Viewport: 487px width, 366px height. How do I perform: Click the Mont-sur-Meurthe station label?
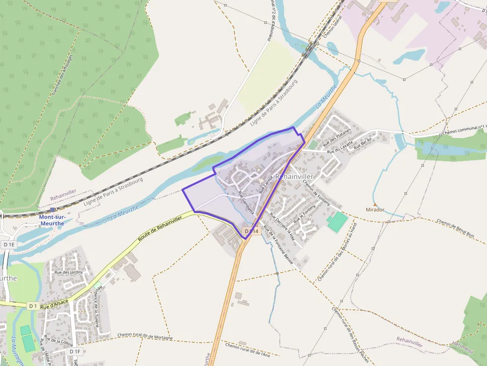point(52,220)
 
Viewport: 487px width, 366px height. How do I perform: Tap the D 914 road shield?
point(251,231)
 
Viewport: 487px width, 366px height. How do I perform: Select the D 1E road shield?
point(9,244)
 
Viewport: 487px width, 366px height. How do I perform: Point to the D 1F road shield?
point(75,352)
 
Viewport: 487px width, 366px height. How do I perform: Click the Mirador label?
point(375,210)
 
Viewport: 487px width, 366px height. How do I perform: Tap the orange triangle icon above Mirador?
point(375,204)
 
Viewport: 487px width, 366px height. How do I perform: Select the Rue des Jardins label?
point(69,272)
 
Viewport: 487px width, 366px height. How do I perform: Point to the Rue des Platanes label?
point(336,138)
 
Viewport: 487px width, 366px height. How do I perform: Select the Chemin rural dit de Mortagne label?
point(145,336)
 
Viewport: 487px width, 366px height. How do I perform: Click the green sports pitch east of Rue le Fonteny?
point(337,221)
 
